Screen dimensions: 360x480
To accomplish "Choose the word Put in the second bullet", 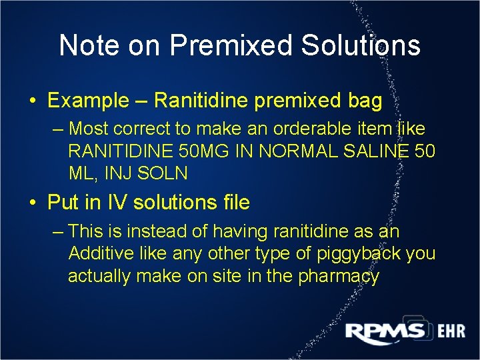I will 64,202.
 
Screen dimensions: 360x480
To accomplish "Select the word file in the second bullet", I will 234,202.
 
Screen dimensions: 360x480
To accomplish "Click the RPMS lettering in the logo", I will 385,331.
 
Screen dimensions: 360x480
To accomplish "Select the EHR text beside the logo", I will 451,331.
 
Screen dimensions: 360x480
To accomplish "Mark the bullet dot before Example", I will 33,102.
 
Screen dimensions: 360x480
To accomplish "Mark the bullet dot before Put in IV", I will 33,203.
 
